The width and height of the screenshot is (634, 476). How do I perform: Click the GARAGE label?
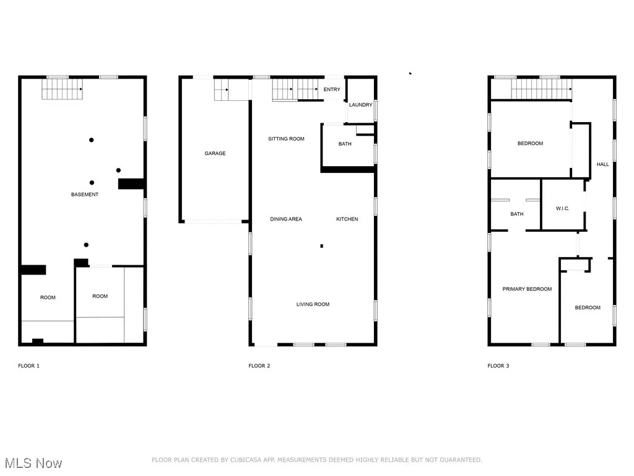click(x=215, y=153)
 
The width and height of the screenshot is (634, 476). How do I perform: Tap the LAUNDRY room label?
click(x=360, y=105)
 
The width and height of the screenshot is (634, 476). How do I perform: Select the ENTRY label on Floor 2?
click(x=332, y=89)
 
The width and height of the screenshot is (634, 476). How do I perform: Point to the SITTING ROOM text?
click(x=286, y=139)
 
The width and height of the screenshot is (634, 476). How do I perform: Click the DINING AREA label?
click(x=286, y=219)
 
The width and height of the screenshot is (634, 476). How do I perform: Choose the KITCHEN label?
click(x=347, y=219)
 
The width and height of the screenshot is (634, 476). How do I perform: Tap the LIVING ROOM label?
click(x=313, y=304)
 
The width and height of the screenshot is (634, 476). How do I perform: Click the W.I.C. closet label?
click(x=563, y=208)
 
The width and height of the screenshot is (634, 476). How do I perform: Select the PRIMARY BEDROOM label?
click(x=527, y=289)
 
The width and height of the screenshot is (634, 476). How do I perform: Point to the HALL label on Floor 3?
click(x=602, y=164)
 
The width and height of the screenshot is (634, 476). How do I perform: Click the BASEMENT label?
click(x=84, y=195)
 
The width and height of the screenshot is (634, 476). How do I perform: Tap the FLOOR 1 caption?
click(x=28, y=366)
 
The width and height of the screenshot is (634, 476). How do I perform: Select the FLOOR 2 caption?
click(x=259, y=366)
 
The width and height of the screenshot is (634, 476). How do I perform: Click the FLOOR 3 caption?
click(x=498, y=366)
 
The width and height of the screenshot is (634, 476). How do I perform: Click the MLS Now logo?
click(x=33, y=463)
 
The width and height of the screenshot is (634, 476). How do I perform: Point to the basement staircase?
click(x=62, y=89)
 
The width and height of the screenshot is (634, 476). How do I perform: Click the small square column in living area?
click(x=321, y=246)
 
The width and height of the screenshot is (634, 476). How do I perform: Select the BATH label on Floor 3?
click(x=517, y=214)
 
